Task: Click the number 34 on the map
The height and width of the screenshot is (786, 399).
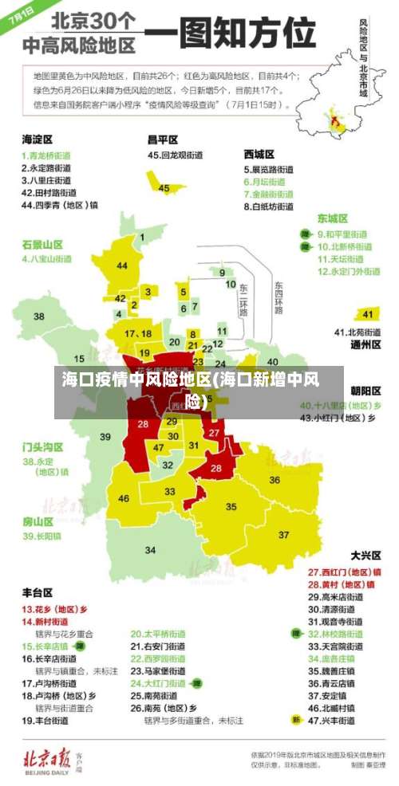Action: tap(150, 550)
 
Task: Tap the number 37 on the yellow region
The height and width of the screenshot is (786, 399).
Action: tap(284, 534)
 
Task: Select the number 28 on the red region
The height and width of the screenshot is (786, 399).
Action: tap(216, 469)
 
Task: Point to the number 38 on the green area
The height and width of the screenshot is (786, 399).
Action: tap(38, 316)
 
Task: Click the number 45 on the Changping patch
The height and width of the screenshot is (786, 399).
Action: tap(164, 188)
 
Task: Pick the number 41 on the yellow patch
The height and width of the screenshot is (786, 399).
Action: tap(368, 313)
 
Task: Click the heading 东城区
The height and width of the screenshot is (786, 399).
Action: tap(332, 218)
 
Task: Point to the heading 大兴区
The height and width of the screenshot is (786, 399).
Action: tap(365, 555)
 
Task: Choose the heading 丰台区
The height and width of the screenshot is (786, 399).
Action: tap(37, 592)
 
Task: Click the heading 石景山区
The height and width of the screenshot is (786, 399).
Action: tap(42, 243)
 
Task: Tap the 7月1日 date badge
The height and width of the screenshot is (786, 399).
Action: tap(22, 17)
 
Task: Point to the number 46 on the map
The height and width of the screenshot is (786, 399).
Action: tap(124, 498)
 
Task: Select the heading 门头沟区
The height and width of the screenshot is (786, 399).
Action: tap(42, 446)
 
